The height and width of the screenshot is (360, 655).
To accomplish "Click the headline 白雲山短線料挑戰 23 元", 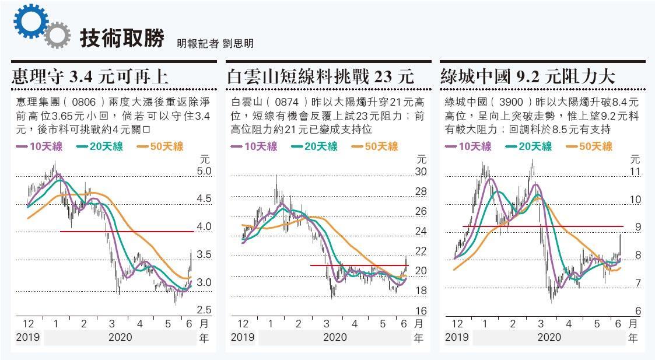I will [320, 76].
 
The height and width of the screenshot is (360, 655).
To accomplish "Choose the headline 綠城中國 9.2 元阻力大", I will [528, 76].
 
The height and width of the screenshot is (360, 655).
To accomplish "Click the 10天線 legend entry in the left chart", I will [40, 146].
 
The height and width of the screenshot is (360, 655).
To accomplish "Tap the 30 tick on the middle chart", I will [421, 172].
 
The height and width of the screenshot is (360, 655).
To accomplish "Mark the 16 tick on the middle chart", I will [421, 311].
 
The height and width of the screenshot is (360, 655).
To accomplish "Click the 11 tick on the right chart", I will [635, 172].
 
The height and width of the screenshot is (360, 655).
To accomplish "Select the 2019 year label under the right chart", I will [456, 337].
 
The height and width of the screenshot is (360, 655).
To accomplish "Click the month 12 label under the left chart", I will [28, 324].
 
